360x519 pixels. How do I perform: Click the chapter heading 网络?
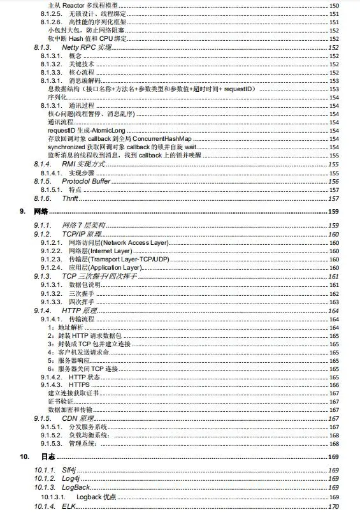[x=41, y=211]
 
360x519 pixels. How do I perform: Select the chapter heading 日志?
[x=48, y=457]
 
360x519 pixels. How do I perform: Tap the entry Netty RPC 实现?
[x=87, y=47]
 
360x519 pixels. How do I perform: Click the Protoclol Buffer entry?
[x=87, y=181]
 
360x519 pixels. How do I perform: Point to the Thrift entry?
[x=71, y=198]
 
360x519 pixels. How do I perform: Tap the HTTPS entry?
[x=79, y=385]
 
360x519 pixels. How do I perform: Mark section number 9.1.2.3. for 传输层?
[x=51, y=259]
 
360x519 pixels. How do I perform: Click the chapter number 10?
[x=24, y=457]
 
